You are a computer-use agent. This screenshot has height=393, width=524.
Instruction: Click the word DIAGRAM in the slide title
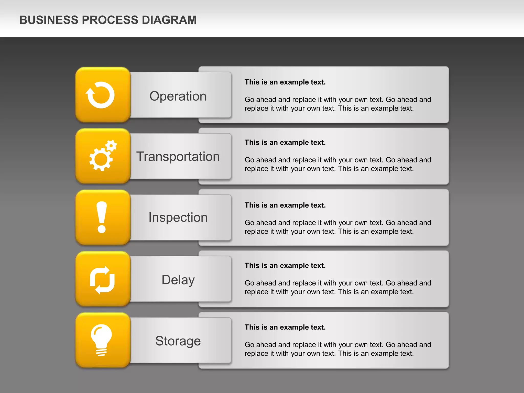pos(169,20)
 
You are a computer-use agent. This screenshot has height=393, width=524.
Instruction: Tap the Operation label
pos(178,96)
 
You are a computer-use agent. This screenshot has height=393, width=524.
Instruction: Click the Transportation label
pos(178,156)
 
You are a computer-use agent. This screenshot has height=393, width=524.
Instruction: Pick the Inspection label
pos(178,217)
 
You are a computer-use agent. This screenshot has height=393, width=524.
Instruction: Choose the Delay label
pos(178,280)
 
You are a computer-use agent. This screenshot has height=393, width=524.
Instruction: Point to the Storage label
pos(178,341)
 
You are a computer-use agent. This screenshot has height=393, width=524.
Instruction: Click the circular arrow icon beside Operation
pos(100,95)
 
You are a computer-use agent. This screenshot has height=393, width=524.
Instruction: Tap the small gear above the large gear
pos(111,146)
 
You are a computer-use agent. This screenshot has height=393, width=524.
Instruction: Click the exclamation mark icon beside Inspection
pos(102,217)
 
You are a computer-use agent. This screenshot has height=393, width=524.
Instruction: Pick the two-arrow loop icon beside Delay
pos(102,280)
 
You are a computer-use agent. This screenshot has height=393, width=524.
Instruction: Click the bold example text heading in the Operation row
pos(285,82)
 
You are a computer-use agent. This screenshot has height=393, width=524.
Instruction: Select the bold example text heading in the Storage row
pos(285,327)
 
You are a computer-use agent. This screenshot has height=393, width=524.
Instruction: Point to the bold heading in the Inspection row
pos(285,205)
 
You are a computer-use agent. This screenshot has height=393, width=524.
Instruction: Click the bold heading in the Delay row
pos(285,266)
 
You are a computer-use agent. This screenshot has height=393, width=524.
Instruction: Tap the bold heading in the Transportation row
pos(285,143)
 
